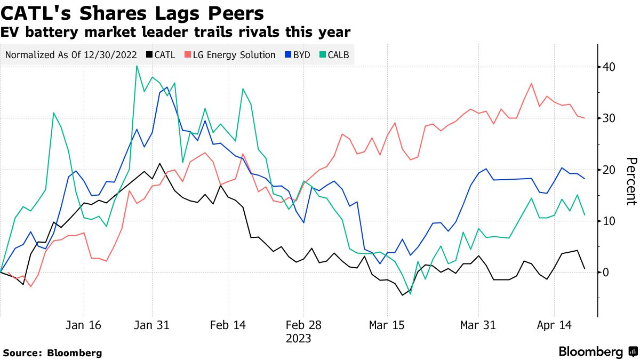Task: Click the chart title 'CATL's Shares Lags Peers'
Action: coord(132,12)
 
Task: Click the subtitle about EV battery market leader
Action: coord(175,32)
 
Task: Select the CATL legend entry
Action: coord(161,55)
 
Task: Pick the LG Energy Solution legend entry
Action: coord(230,55)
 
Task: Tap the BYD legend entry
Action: coord(297,55)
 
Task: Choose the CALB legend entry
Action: coord(335,55)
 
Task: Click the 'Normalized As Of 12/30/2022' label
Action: coord(70,55)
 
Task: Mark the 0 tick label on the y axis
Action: coord(605,272)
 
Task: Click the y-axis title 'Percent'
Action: coord(631,181)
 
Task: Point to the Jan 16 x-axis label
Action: coord(84,325)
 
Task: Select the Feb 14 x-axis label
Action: coord(228,325)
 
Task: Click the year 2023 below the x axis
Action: coord(299,338)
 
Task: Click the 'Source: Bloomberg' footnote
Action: coord(52,353)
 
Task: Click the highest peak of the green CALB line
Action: coord(137,66)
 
